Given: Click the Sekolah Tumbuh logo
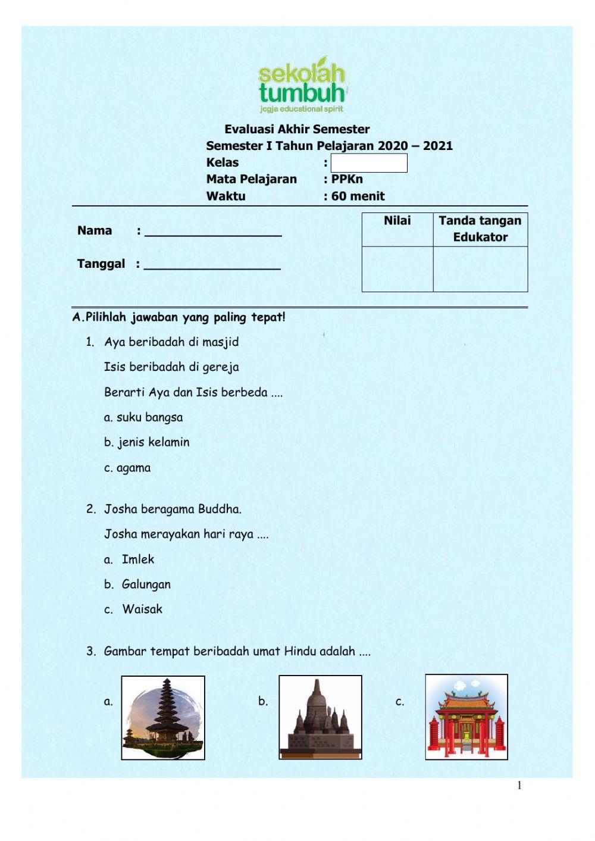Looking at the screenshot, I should click(x=302, y=85).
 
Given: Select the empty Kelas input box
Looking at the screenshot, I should click(x=369, y=163).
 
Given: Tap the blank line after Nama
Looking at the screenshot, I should click(x=213, y=232).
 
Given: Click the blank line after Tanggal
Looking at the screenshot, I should click(x=212, y=265).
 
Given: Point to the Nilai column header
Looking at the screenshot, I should click(x=397, y=221).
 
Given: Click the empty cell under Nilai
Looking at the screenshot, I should click(x=397, y=269).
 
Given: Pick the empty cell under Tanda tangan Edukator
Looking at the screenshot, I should click(x=480, y=269).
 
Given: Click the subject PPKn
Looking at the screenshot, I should click(x=347, y=179).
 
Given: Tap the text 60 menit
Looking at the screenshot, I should click(x=358, y=196).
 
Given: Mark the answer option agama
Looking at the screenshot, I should click(x=133, y=468).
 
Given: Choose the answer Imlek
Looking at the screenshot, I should click(x=138, y=559).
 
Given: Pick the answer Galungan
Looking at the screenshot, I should click(x=146, y=584).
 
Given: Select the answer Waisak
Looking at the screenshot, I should click(x=142, y=609).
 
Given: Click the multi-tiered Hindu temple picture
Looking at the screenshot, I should click(x=163, y=718).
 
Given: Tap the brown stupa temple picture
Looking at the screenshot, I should click(x=320, y=718).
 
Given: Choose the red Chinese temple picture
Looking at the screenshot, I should click(x=466, y=717).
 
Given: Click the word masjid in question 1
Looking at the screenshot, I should click(x=220, y=342).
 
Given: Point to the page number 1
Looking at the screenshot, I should click(x=519, y=786).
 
